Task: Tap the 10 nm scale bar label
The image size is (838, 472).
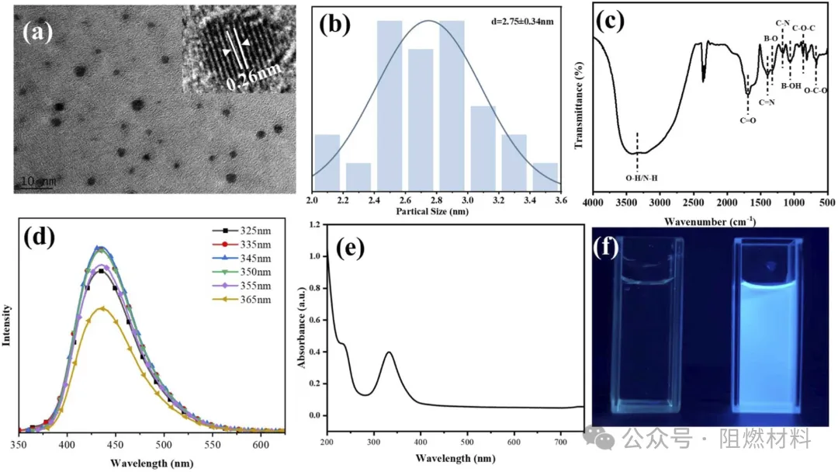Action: coord(36,181)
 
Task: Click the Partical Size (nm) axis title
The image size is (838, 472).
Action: coord(435,211)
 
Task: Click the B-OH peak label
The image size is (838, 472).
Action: coord(791,86)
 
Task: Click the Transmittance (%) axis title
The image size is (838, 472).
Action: coord(578,106)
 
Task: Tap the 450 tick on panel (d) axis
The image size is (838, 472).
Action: coord(116,445)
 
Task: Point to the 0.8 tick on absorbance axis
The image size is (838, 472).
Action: coord(314,288)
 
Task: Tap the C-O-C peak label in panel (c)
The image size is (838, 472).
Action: coord(803,29)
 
